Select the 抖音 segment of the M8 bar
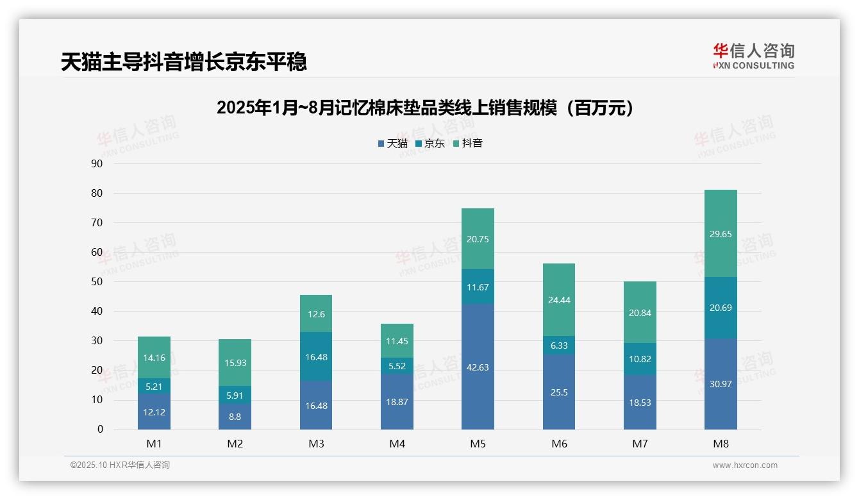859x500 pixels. [x=721, y=234]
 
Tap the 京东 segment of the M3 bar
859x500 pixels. [x=316, y=357]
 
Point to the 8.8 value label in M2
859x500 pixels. [x=235, y=416]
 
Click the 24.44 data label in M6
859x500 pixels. [x=559, y=299]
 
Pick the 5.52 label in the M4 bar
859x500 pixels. [x=397, y=366]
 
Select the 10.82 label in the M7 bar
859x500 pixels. [x=640, y=359]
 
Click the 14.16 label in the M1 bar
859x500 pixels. [x=154, y=358]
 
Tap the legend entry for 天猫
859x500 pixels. [x=393, y=143]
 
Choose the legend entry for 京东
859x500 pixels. [x=430, y=143]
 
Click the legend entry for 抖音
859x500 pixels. [x=468, y=143]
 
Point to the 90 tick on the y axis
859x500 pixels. [x=97, y=163]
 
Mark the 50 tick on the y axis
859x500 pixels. [x=97, y=281]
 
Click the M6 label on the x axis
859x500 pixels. [x=559, y=444]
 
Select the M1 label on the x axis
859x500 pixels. [x=154, y=444]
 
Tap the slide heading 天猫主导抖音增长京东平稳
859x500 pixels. [x=184, y=62]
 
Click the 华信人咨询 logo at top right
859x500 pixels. [x=753, y=56]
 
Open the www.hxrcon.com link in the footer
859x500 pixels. [x=745, y=465]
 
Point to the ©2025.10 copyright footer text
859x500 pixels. [x=120, y=465]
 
